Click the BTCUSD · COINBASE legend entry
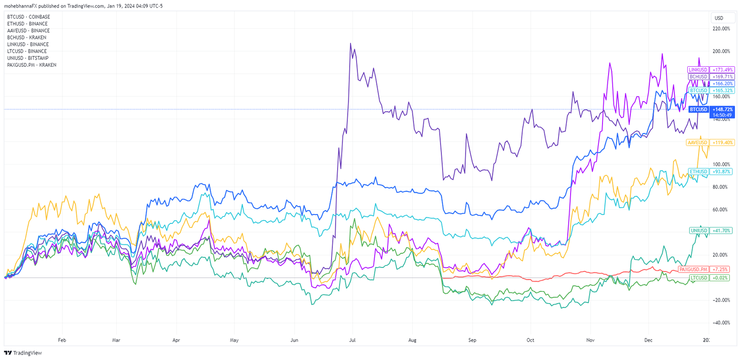coord(28,17)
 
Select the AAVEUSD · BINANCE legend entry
coord(28,31)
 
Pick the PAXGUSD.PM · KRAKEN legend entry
coord(31,65)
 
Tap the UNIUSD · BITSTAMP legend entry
coord(28,58)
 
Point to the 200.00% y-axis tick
coord(721,51)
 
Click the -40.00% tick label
coord(721,323)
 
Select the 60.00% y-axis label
coord(721,210)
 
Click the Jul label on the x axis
coord(352,340)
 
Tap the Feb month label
coord(62,340)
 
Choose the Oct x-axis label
coord(530,340)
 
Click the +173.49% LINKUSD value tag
coord(722,70)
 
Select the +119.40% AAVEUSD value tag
coord(722,143)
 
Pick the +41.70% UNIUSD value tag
coord(722,231)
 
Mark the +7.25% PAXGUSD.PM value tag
coord(721,269)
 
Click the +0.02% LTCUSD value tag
coord(721,278)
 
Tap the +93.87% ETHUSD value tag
coord(722,172)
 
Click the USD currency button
coord(719,18)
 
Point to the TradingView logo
coord(23,353)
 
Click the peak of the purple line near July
coord(351,44)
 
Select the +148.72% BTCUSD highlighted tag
coord(722,110)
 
